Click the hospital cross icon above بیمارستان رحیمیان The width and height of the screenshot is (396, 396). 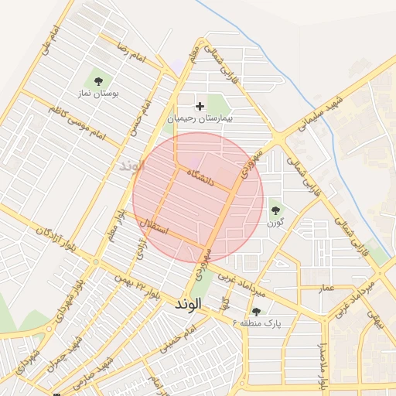click(200, 106)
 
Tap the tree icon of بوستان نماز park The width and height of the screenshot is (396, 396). click(97, 80)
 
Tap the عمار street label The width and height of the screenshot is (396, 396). click(326, 288)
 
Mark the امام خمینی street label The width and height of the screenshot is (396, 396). click(179, 341)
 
